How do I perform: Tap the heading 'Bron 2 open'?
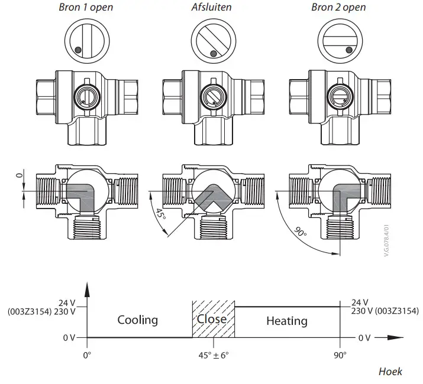coord(338,8)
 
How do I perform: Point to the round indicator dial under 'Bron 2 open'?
coord(339,42)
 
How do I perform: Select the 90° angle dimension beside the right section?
coord(302,233)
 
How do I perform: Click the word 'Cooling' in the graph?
coord(138,320)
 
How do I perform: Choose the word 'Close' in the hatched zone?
coord(212,319)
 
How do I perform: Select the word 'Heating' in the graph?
coord(287,321)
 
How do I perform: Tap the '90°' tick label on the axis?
coord(341,356)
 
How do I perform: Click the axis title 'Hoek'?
coord(390,372)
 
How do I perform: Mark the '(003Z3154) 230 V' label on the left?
coord(42,311)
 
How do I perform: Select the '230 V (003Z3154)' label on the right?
coord(385,311)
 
